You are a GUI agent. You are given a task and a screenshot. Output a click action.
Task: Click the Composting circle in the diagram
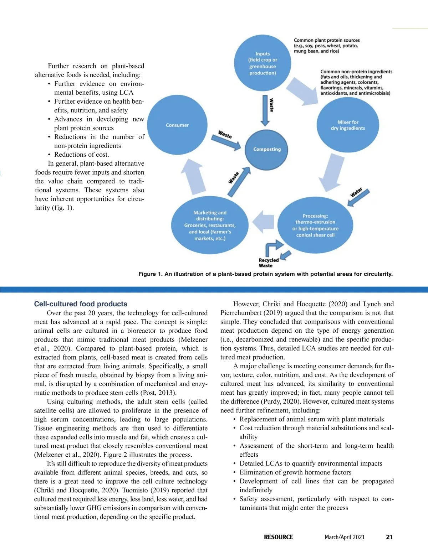pyautogui.click(x=267, y=149)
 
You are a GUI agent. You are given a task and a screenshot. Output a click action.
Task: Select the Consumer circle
pyautogui.click(x=177, y=125)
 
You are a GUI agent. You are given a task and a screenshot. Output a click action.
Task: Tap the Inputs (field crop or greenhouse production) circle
pyautogui.click(x=263, y=63)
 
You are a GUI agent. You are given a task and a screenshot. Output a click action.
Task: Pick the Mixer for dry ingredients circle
pyautogui.click(x=348, y=125)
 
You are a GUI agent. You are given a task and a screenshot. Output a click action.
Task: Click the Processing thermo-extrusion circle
pyautogui.click(x=315, y=225)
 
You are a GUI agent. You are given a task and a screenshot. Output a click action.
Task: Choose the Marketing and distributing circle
pyautogui.click(x=210, y=225)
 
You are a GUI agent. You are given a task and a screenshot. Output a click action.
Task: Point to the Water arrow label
pyautogui.click(x=356, y=192)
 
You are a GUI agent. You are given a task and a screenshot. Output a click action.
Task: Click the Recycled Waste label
pyautogui.click(x=268, y=263)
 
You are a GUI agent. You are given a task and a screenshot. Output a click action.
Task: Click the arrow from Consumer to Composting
pyautogui.click(x=226, y=140)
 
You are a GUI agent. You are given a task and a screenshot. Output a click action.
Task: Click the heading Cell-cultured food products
pyautogui.click(x=81, y=304)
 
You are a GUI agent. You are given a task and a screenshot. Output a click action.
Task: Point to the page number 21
pyautogui.click(x=389, y=537)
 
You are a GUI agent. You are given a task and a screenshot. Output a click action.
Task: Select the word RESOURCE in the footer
pyautogui.click(x=278, y=537)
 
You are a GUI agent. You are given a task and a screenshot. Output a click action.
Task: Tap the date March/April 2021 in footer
pyautogui.click(x=345, y=537)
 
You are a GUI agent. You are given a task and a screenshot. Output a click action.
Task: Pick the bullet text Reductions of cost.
pyautogui.click(x=81, y=155)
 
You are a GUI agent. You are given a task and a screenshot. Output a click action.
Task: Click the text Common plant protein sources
pyautogui.click(x=326, y=40)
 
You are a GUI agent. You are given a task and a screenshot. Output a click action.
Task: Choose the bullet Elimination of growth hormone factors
pyautogui.click(x=295, y=472)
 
